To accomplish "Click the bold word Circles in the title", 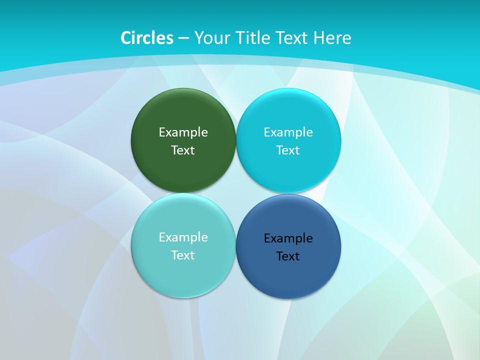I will click(147, 38).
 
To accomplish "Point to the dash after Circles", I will click(183, 38).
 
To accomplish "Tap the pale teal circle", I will click(183, 272).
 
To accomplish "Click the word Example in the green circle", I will click(183, 132).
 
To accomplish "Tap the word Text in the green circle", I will click(183, 150).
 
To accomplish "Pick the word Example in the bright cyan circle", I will click(288, 132).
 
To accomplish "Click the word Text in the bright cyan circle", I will click(288, 150).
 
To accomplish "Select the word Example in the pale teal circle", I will click(183, 237).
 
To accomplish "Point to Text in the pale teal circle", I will click(183, 255).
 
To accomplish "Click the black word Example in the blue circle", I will click(288, 238).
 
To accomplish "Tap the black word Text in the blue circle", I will click(288, 256).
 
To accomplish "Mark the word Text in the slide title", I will click(293, 38).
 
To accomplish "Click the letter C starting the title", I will click(126, 38).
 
